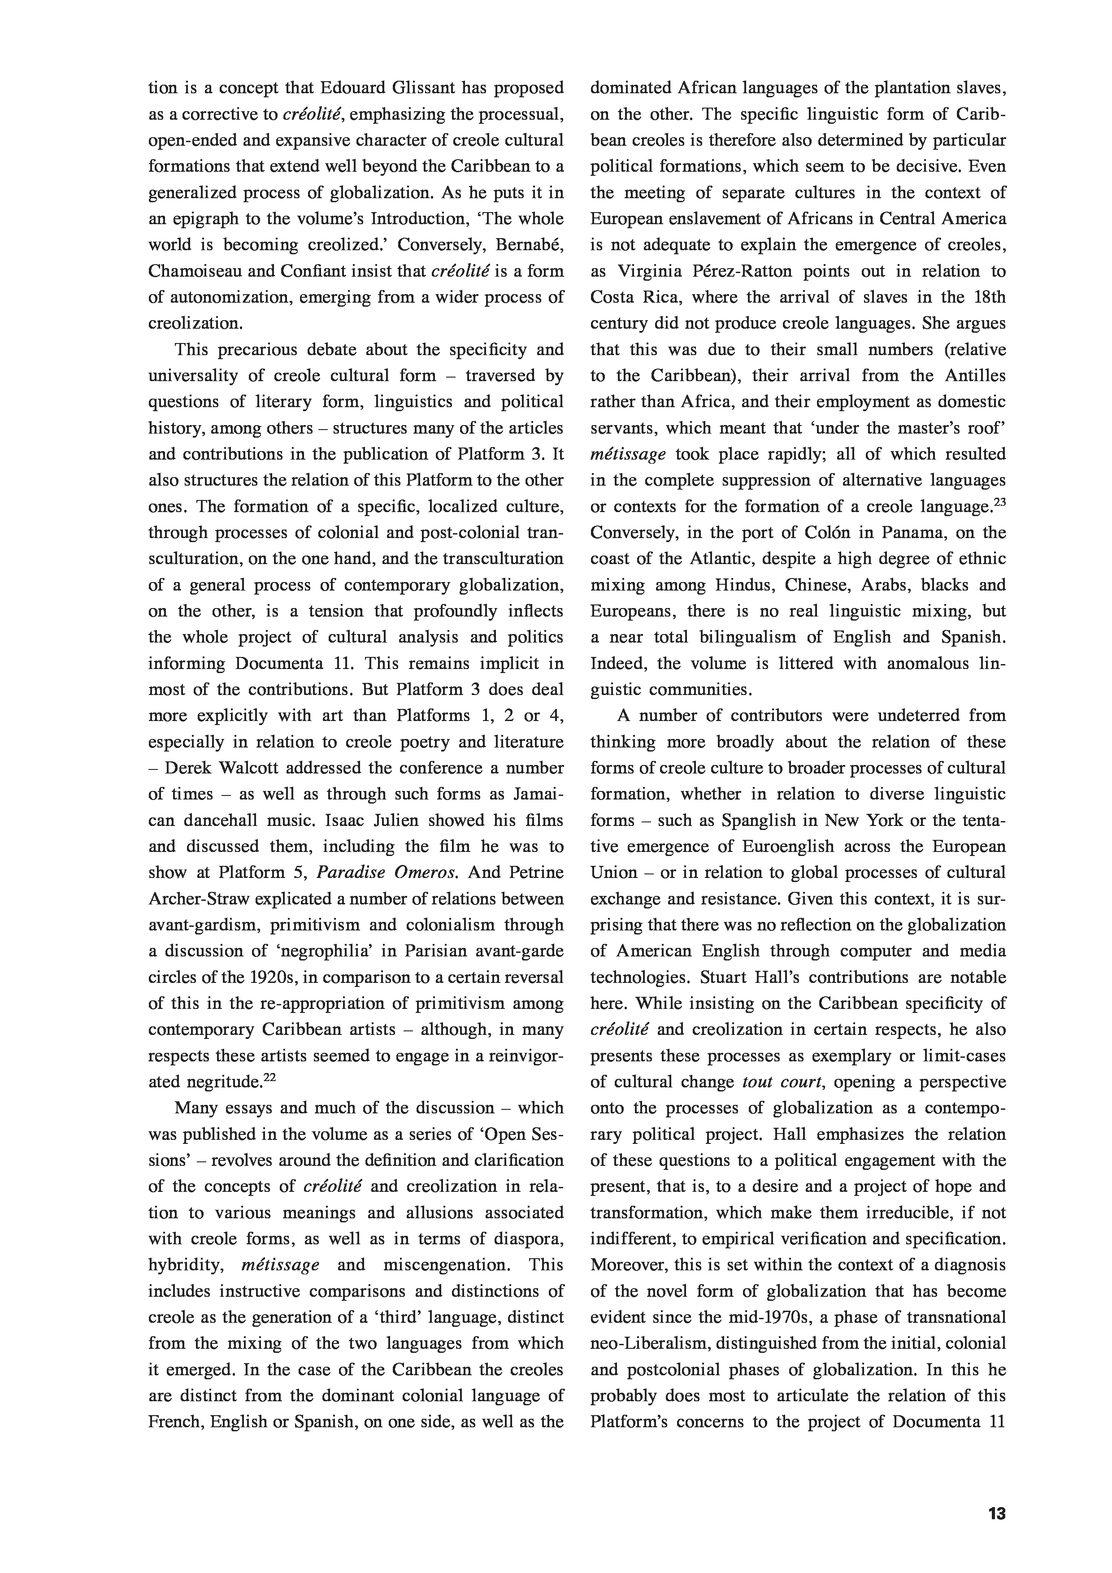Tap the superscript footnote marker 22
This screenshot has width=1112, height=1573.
point(269,1078)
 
